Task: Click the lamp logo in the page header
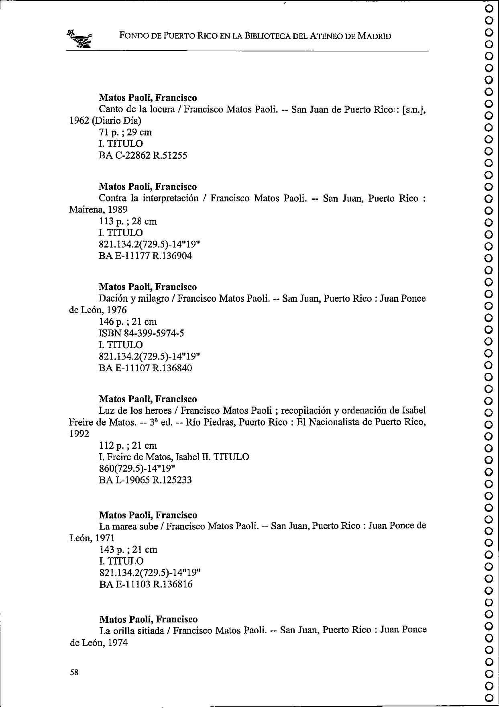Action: coord(80,39)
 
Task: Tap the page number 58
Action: coord(74,673)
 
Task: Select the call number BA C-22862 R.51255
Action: coord(143,156)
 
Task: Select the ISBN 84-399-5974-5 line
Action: coord(141,334)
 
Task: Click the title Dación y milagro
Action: coord(134,299)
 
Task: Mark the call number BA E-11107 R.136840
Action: coord(145,368)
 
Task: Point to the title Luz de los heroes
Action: coord(137,411)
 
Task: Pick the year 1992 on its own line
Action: coord(79,434)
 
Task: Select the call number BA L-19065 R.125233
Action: coord(145,480)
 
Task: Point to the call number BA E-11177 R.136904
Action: coord(145,256)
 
